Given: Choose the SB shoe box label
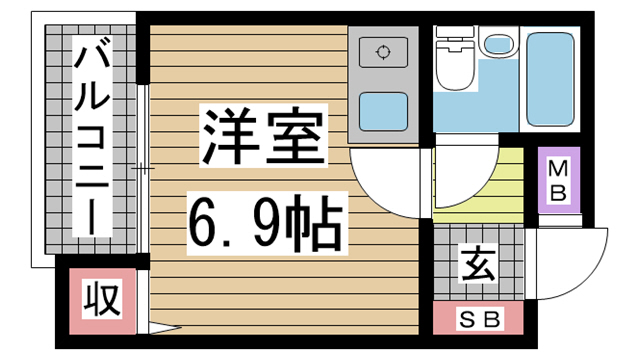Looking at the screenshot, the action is pyautogui.click(x=477, y=319).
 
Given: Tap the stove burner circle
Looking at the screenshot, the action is pyautogui.click(x=383, y=53).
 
